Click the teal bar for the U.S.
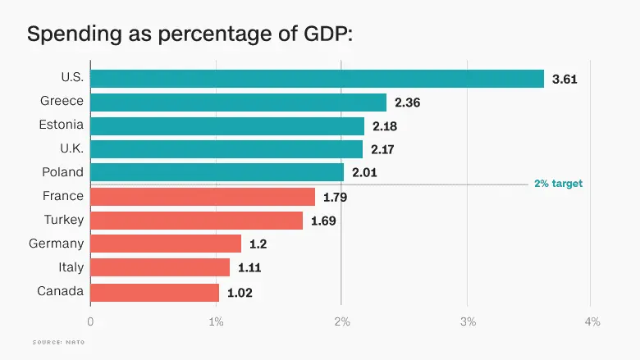coord(317,79)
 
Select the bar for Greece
coord(238,103)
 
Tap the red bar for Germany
coord(166,244)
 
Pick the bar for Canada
coord(154,291)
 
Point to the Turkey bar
coord(196,221)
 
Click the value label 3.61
coord(565,79)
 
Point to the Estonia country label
coord(62,125)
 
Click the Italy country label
coord(71,267)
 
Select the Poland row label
coord(63,172)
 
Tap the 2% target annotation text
coord(558,184)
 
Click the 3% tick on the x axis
coord(468,321)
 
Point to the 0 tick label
coord(90,321)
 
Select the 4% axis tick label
coord(592,321)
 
